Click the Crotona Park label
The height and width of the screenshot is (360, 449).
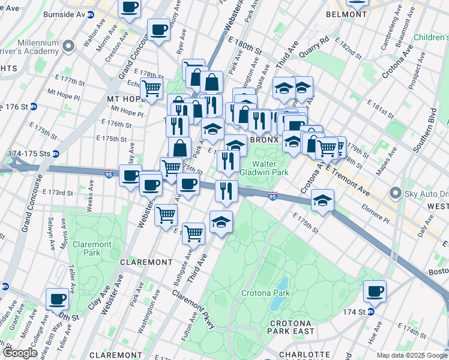coord(265,293)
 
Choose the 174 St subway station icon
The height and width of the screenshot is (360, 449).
coord(371,311)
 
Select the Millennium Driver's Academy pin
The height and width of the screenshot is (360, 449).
coord(70,46)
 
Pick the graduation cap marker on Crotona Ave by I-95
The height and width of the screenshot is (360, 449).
coord(323,200)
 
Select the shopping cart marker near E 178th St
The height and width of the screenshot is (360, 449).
coord(152,89)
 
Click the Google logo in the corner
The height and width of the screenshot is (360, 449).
coord(20,352)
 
